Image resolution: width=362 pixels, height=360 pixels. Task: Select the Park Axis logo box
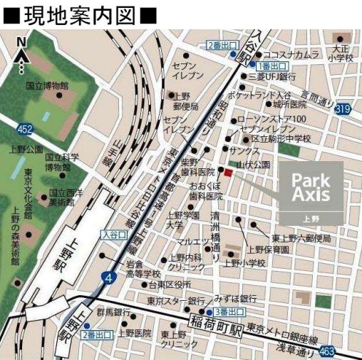(310, 192)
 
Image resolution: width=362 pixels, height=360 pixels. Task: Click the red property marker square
(229, 172)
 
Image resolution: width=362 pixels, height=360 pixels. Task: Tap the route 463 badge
(326, 351)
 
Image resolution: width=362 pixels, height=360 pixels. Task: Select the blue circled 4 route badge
(107, 277)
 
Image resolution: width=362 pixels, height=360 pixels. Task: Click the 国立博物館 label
(47, 86)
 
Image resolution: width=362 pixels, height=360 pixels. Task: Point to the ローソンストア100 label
(281, 118)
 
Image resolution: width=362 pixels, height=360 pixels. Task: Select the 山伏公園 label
(253, 164)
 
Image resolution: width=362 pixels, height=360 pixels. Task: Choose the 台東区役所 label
(170, 286)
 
